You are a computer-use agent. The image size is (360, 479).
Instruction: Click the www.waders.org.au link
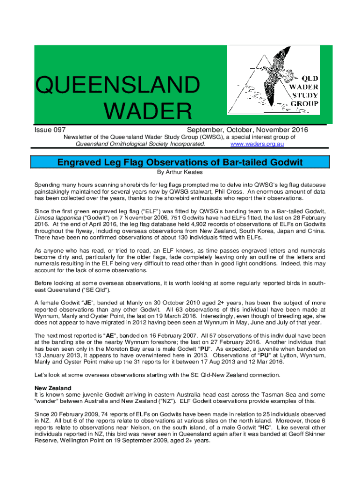[x=258, y=144]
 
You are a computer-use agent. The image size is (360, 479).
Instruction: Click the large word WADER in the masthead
[x=148, y=111]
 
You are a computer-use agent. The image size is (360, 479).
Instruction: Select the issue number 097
[x=59, y=130]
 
